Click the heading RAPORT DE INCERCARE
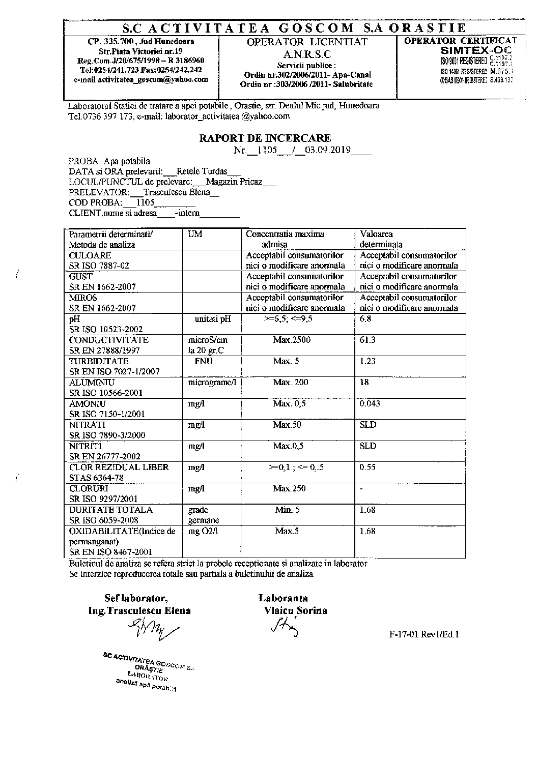point(265,138)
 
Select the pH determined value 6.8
point(365,319)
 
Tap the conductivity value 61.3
point(368,340)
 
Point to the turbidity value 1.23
point(368,361)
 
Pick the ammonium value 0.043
point(370,403)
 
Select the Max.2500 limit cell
point(292,340)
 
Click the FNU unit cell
point(204,361)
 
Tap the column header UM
point(195,234)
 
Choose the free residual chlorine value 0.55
point(368,467)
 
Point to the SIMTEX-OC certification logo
point(476,51)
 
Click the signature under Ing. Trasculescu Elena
point(155,632)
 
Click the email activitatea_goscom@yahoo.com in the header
point(141,80)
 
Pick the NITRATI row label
point(87,425)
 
